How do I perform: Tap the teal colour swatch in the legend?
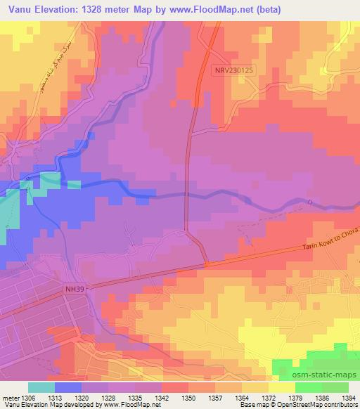pos(41,387)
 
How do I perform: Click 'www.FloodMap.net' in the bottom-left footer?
pos(130,405)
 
